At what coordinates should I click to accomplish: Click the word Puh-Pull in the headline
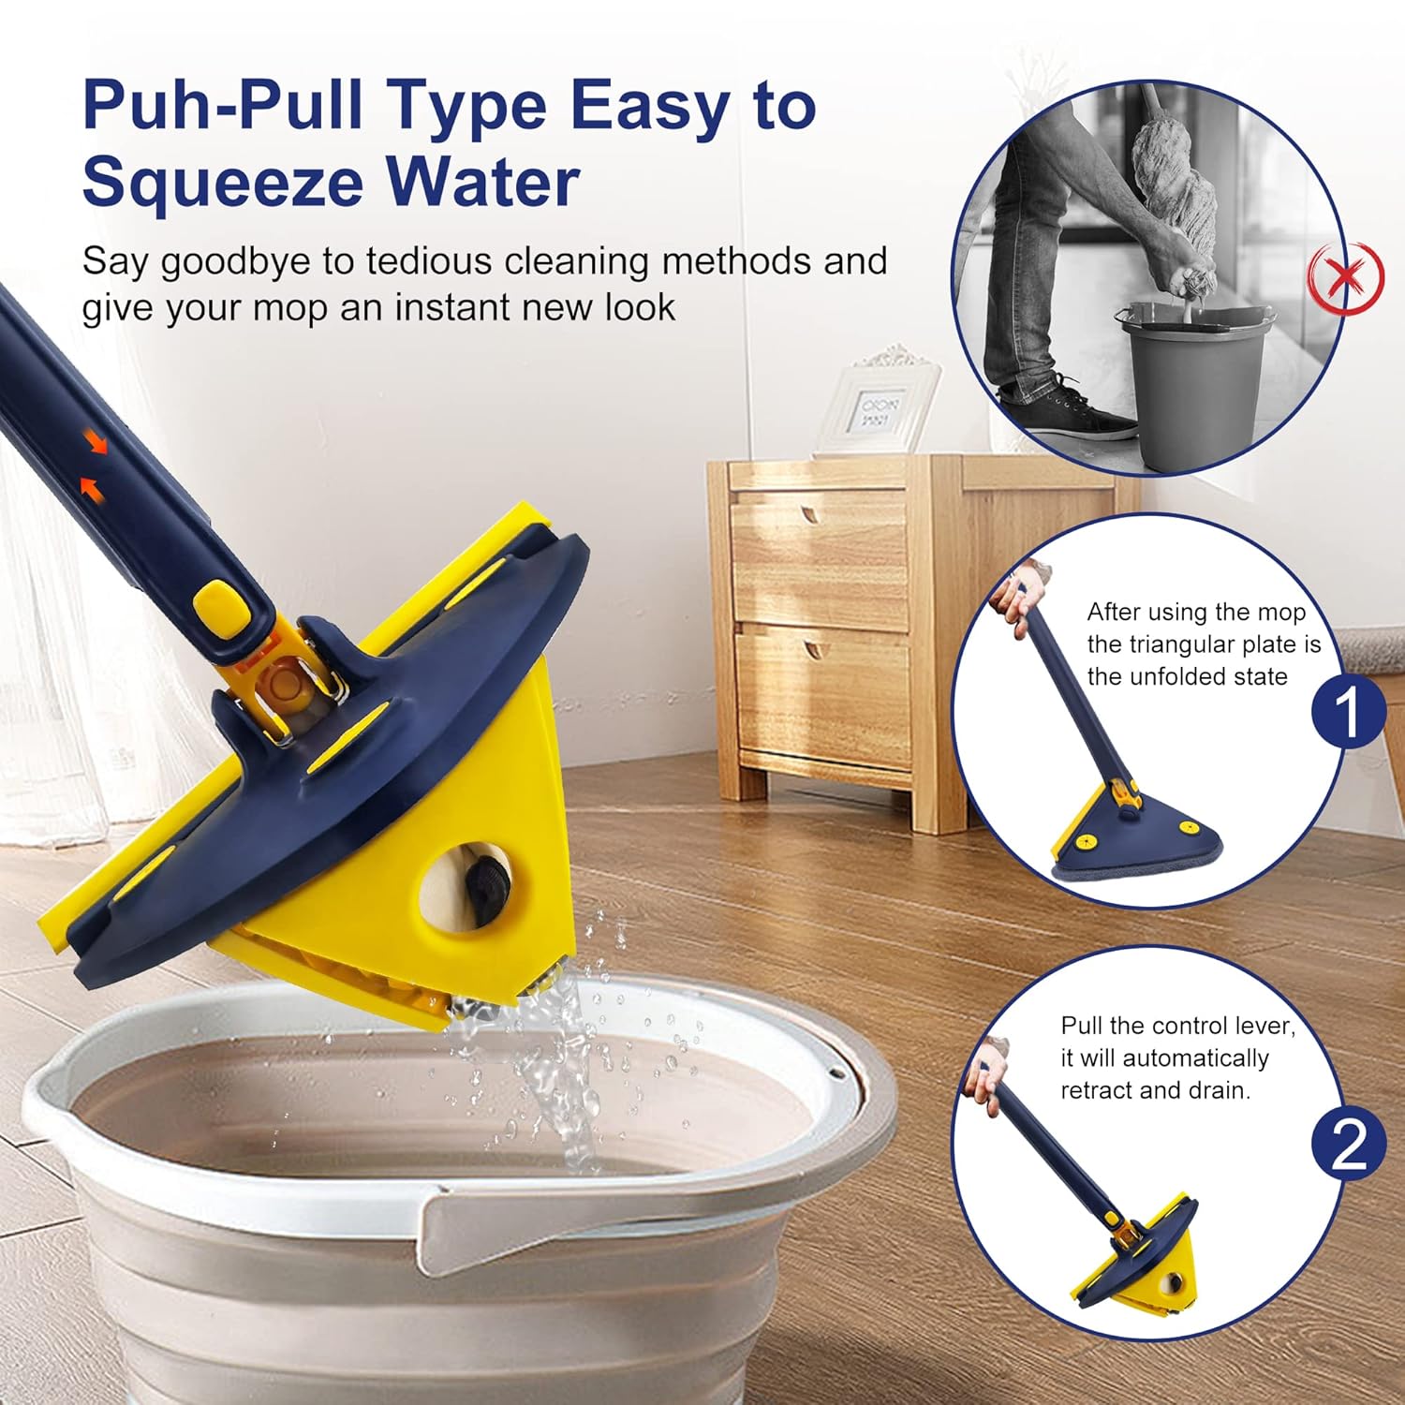223,105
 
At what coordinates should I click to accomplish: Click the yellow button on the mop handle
219,606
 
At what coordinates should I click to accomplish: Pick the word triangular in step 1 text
1189,644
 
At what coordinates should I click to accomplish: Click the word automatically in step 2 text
1195,1058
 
